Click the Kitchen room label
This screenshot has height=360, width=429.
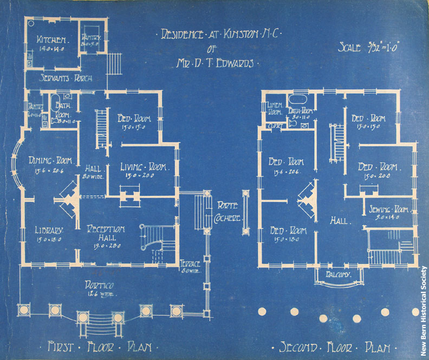(x=51, y=40)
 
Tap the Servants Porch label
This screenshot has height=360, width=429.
(x=66, y=78)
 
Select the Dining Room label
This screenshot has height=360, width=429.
(x=47, y=161)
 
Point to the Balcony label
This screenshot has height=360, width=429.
(x=339, y=274)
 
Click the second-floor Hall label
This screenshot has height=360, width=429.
(x=340, y=221)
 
